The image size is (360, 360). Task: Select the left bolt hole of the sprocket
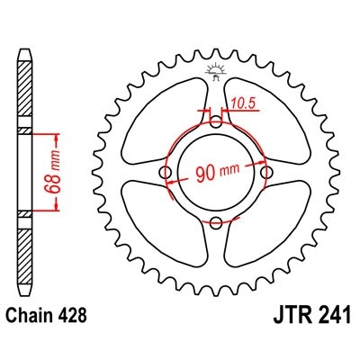coord(164,172)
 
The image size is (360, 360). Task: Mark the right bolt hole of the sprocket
coord(265,171)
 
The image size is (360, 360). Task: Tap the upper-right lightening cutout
coord(269,118)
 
